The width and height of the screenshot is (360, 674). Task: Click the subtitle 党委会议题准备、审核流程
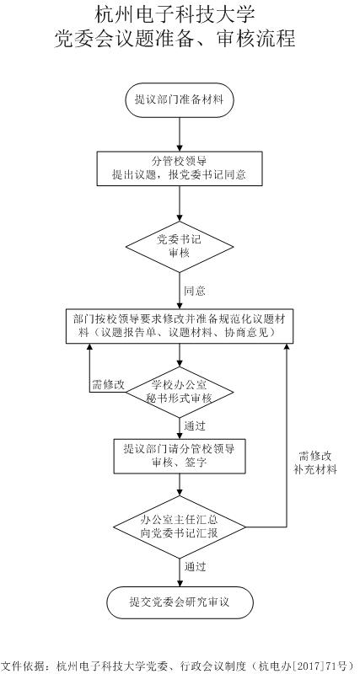tap(175, 39)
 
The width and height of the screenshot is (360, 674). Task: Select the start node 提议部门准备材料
tap(180, 100)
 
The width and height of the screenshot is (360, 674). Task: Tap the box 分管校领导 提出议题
tap(180, 168)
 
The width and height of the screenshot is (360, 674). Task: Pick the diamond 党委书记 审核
tap(180, 247)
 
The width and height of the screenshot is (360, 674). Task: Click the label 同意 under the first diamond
tap(195, 291)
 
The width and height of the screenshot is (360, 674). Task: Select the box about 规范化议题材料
tap(180, 326)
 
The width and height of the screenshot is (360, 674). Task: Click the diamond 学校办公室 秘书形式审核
tap(180, 392)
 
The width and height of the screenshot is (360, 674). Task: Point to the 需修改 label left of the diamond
tap(108, 385)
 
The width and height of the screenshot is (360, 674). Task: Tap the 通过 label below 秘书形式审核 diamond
tap(195, 426)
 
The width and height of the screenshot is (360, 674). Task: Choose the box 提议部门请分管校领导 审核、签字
tap(180, 456)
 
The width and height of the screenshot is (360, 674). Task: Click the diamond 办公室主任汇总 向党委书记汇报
tap(180, 527)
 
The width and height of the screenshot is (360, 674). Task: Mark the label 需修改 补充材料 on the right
tap(315, 463)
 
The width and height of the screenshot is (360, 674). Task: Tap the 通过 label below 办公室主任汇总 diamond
tap(195, 566)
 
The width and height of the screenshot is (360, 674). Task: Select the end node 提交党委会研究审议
tap(180, 602)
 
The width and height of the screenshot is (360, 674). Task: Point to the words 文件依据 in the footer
tap(19, 666)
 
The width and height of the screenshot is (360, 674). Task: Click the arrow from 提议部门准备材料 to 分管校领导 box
tap(180, 134)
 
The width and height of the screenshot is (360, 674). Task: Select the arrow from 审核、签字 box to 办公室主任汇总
tap(180, 484)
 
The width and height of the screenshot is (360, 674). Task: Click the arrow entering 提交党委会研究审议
tap(180, 572)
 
